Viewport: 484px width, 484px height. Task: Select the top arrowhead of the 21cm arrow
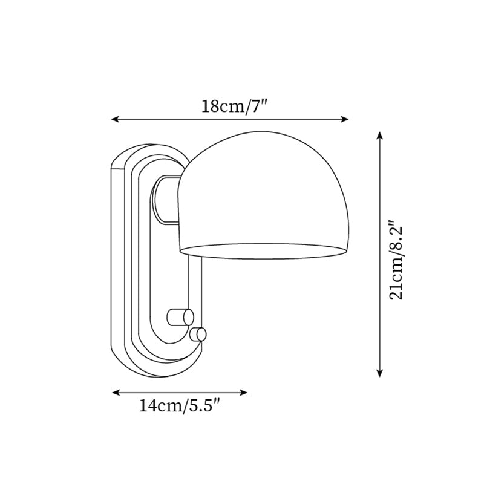pyautogui.click(x=379, y=134)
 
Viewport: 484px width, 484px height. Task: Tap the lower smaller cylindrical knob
pyautogui.click(x=198, y=334)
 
